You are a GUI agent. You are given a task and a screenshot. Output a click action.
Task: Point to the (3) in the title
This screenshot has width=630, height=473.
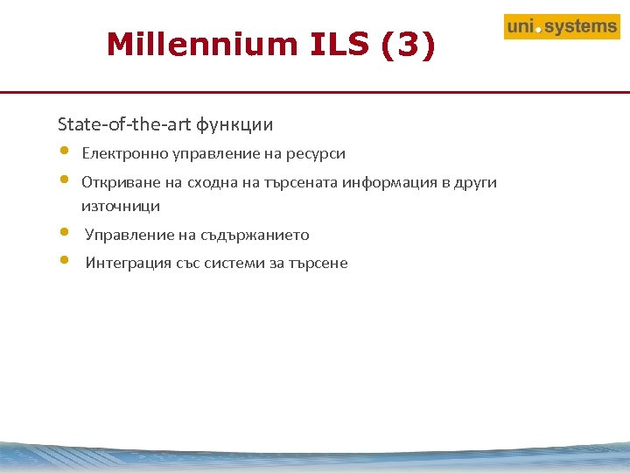coord(408,44)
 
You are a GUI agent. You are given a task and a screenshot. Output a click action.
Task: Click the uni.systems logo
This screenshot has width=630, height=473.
coord(561,27)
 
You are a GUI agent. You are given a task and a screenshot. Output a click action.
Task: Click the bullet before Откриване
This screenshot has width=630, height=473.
coord(64,180)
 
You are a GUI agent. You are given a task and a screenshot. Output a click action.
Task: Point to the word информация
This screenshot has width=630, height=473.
coord(384,183)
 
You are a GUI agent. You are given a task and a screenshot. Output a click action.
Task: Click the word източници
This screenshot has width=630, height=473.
coord(120,207)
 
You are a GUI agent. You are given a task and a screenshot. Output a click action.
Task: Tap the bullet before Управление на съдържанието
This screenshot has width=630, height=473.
coord(64,232)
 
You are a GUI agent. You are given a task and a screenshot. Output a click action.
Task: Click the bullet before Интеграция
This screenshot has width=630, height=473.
coord(64,260)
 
